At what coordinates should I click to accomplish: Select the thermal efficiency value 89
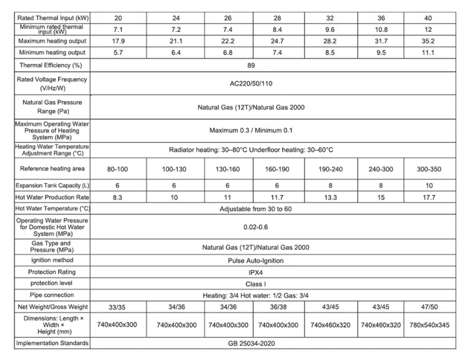[277, 65]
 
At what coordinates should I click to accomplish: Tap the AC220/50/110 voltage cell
[277, 84]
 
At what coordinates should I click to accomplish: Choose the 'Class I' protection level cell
[277, 283]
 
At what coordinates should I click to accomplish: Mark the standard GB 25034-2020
[277, 343]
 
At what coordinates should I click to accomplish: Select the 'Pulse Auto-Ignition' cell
[277, 260]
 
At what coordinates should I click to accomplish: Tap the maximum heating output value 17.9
[112, 41]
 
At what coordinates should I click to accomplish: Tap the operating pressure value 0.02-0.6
[277, 226]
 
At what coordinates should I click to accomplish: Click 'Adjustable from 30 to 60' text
[277, 208]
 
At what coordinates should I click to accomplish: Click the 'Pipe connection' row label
[46, 294]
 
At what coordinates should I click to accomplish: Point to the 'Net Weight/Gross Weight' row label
[46, 307]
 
